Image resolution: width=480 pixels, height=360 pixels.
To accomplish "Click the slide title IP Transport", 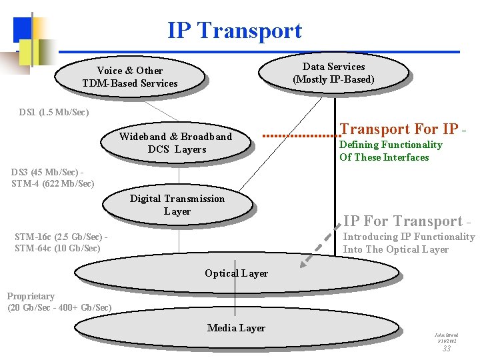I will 235,31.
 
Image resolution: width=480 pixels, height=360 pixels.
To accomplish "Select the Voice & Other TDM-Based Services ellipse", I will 129,77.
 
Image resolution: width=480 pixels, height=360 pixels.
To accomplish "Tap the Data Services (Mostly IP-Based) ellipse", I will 333,73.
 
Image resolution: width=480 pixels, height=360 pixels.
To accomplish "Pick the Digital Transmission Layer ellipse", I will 177,205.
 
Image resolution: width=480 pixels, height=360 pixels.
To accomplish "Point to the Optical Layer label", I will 236,273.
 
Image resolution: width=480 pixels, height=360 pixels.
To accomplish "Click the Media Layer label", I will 236,328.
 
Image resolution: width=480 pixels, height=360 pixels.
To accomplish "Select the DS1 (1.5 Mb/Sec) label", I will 54,112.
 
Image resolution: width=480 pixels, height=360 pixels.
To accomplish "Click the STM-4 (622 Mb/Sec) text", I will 53,183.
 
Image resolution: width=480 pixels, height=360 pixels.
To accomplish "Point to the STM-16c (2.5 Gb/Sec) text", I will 59,237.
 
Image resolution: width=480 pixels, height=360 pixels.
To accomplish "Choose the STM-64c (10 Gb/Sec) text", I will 57,249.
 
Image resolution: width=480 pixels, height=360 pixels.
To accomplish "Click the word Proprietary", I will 31,296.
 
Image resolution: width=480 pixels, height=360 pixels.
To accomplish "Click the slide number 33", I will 447,348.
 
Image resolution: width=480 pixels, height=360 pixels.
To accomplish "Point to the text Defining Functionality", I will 391,145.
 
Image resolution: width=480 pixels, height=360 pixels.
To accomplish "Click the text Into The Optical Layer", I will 396,249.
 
